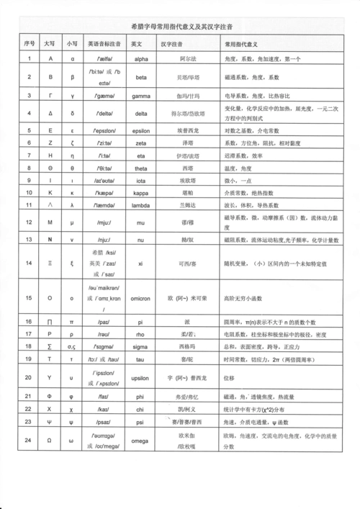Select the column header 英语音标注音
[104, 42]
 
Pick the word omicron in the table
[141, 298]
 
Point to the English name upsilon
[141, 377]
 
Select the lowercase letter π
[72, 320]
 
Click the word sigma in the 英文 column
[141, 347]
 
